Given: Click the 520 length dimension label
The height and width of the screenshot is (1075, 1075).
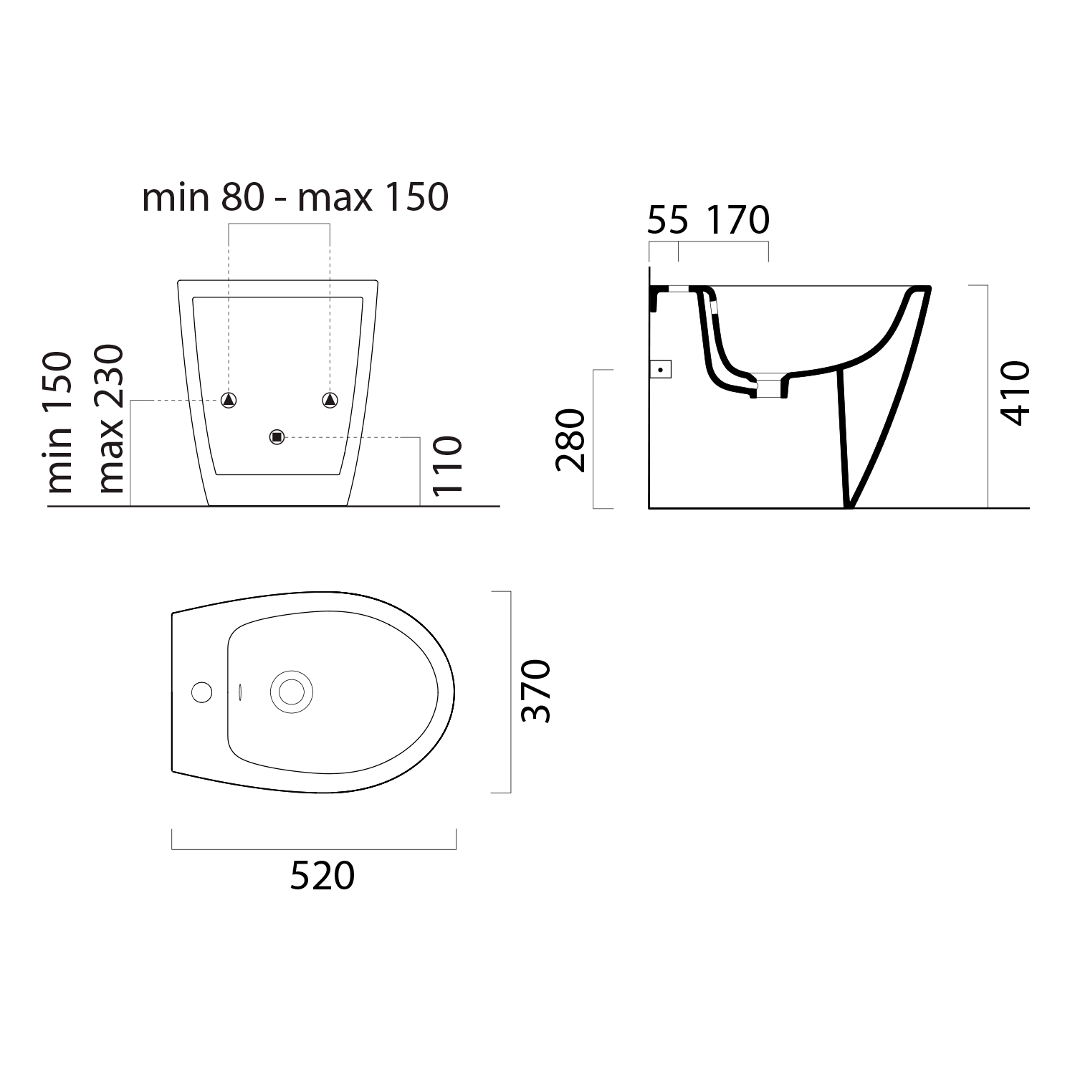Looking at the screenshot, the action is [x=322, y=876].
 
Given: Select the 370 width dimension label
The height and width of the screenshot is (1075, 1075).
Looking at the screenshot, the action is [x=536, y=691].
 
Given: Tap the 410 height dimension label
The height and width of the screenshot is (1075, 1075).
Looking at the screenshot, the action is [x=1014, y=393].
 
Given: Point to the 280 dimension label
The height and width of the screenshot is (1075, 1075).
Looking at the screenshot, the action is [x=570, y=440].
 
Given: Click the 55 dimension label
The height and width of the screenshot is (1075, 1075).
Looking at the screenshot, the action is [x=667, y=220].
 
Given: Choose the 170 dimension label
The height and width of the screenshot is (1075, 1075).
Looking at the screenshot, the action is [x=738, y=220].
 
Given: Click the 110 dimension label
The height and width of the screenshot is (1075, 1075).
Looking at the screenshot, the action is [x=447, y=465].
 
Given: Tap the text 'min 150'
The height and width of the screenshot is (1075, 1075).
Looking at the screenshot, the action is [x=60, y=422].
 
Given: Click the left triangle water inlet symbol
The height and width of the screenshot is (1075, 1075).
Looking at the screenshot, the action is [x=229, y=400].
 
